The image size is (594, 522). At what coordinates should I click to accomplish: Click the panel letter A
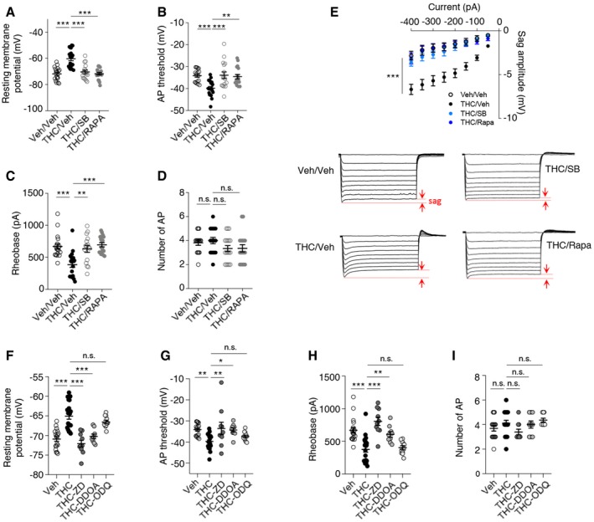click(7, 8)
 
